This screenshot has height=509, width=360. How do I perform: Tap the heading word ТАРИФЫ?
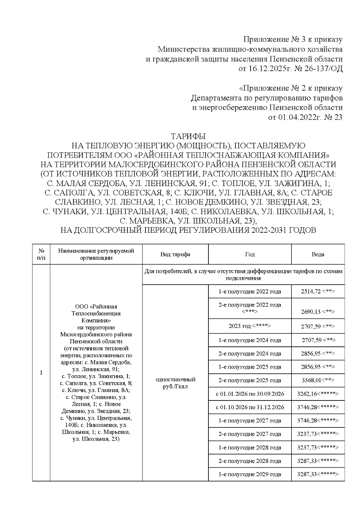coord(188,136)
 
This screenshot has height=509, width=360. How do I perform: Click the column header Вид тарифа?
coord(175,254)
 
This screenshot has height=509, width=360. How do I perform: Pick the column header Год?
coord(250,254)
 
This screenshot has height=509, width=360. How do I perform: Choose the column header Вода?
coord(318,254)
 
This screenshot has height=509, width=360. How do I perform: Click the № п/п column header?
coord(41,254)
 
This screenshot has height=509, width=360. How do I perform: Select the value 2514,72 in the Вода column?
coord(311,292)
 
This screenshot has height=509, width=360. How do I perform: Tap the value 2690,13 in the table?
coord(311,312)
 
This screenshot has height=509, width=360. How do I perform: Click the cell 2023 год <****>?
coord(250,326)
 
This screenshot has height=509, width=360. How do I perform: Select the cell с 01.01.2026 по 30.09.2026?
coord(250,394)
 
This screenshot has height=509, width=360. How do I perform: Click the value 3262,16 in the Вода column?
coord(307,394)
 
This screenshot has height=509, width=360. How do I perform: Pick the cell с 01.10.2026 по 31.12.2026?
coord(250,407)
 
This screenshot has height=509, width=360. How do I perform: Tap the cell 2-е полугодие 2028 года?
coord(250,461)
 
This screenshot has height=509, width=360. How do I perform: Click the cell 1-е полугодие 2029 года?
coord(250,474)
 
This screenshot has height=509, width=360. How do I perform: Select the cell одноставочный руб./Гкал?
coord(175,383)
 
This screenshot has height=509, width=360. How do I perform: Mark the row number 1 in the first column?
coord(41,373)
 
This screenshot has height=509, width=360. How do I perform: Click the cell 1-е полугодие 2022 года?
coord(250,292)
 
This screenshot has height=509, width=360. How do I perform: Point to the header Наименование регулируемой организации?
coord(96,254)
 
